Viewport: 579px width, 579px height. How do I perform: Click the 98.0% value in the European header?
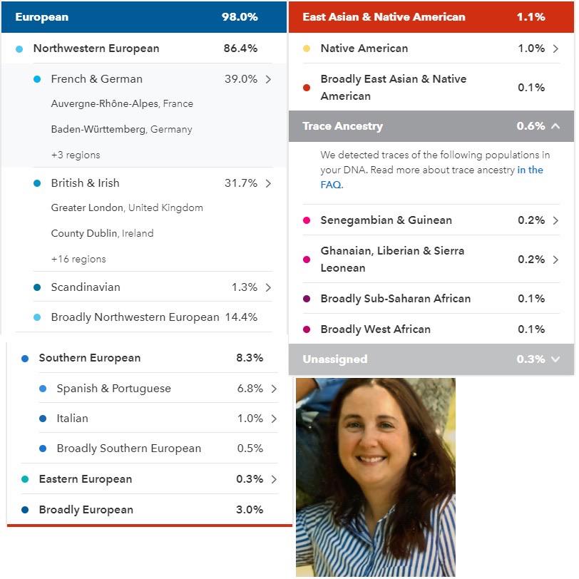(x=240, y=16)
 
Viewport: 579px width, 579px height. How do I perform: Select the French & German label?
(x=96, y=79)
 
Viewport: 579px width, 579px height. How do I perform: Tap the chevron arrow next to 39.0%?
(x=268, y=79)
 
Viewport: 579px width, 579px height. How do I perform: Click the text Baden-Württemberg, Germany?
(x=121, y=130)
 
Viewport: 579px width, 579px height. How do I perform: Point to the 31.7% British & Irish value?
(x=240, y=183)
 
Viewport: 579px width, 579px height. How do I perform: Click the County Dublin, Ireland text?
(x=102, y=234)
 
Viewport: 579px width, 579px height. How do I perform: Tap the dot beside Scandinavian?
(x=37, y=287)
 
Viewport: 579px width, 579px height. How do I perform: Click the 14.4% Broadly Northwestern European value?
(x=240, y=317)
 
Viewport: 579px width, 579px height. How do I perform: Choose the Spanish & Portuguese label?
(x=113, y=389)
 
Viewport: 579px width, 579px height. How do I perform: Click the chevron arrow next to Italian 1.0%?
(x=274, y=419)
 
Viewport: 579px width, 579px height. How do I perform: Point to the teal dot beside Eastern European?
(x=25, y=479)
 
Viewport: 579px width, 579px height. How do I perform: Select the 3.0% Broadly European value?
(x=250, y=510)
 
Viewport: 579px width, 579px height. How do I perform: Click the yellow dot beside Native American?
(x=307, y=48)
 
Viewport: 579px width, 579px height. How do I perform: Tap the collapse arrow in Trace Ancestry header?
(x=555, y=126)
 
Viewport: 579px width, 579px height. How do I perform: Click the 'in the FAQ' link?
(x=530, y=170)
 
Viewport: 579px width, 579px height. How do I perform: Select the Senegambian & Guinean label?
(x=386, y=220)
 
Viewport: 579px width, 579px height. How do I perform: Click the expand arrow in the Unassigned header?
(x=555, y=359)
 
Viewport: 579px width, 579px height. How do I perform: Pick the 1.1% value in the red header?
(x=531, y=16)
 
